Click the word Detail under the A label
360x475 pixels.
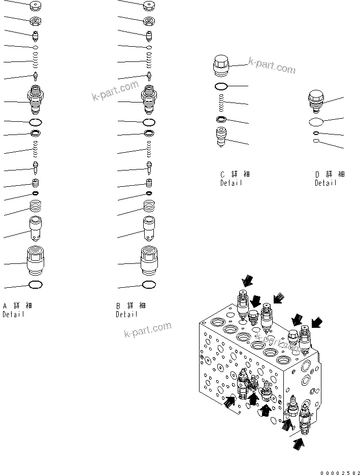[13, 314]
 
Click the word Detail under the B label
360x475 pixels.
[126, 314]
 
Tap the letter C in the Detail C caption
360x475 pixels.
[222, 174]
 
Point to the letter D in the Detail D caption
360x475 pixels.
[317, 174]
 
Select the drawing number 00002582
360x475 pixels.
[339, 472]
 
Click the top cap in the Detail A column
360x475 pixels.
[36, 6]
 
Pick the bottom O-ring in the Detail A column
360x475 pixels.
[36, 285]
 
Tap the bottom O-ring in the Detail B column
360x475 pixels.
[149, 285]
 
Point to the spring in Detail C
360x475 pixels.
[221, 104]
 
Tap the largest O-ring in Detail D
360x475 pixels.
[316, 122]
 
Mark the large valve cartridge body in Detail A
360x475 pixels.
[36, 99]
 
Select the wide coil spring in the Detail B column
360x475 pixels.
[149, 206]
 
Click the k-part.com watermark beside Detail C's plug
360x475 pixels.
[271, 65]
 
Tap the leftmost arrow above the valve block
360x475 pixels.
[247, 281]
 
